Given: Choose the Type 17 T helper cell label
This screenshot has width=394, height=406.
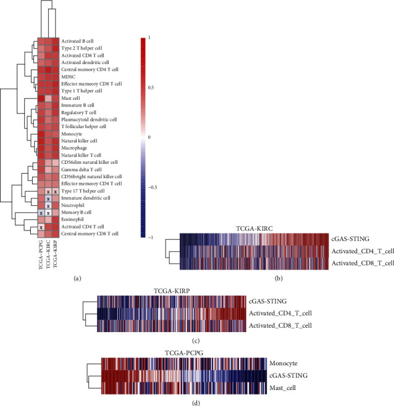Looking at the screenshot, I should pos(83,191).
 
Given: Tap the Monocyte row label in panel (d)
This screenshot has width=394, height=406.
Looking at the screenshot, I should pos(283,363).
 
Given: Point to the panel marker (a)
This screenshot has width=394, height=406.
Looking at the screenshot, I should pos(77,278).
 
